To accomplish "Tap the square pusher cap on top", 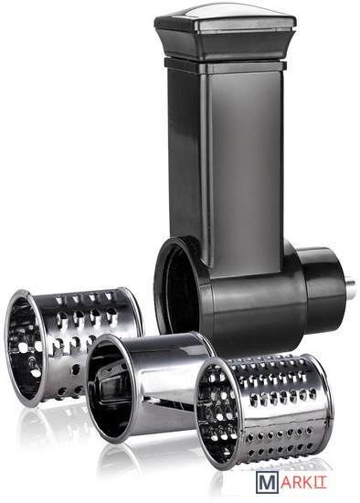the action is (226, 32).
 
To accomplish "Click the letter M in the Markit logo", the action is (267, 482).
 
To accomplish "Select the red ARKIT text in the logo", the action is (303, 482).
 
